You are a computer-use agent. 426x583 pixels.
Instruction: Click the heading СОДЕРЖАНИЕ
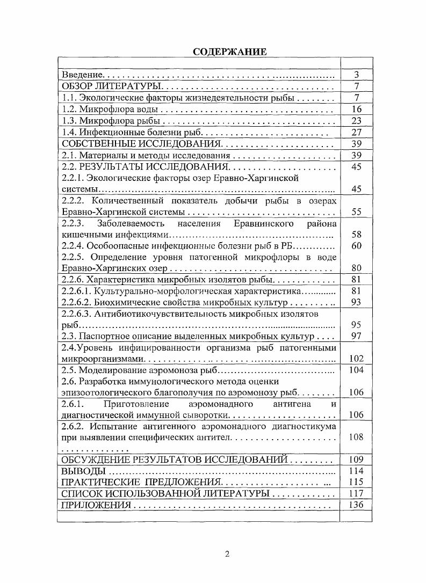(x=229, y=52)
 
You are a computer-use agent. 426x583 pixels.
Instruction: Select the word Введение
(x=82, y=75)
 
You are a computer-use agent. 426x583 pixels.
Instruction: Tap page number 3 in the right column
(x=356, y=75)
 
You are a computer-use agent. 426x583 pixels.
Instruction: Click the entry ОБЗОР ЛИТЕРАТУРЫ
(x=112, y=86)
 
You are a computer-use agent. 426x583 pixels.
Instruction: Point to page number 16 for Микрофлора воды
(x=356, y=110)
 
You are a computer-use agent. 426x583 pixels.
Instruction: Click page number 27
(x=356, y=132)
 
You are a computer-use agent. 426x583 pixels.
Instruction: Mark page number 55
(x=356, y=212)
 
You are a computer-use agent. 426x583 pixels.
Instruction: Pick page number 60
(x=356, y=246)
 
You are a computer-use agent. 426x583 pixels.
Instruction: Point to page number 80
(x=356, y=268)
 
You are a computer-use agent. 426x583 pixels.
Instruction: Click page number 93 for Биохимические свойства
(x=356, y=302)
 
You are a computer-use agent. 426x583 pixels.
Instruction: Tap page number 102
(x=356, y=359)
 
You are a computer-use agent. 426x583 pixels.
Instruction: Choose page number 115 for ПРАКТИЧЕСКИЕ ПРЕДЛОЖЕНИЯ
(x=356, y=482)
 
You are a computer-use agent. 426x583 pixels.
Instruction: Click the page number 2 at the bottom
(x=227, y=555)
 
